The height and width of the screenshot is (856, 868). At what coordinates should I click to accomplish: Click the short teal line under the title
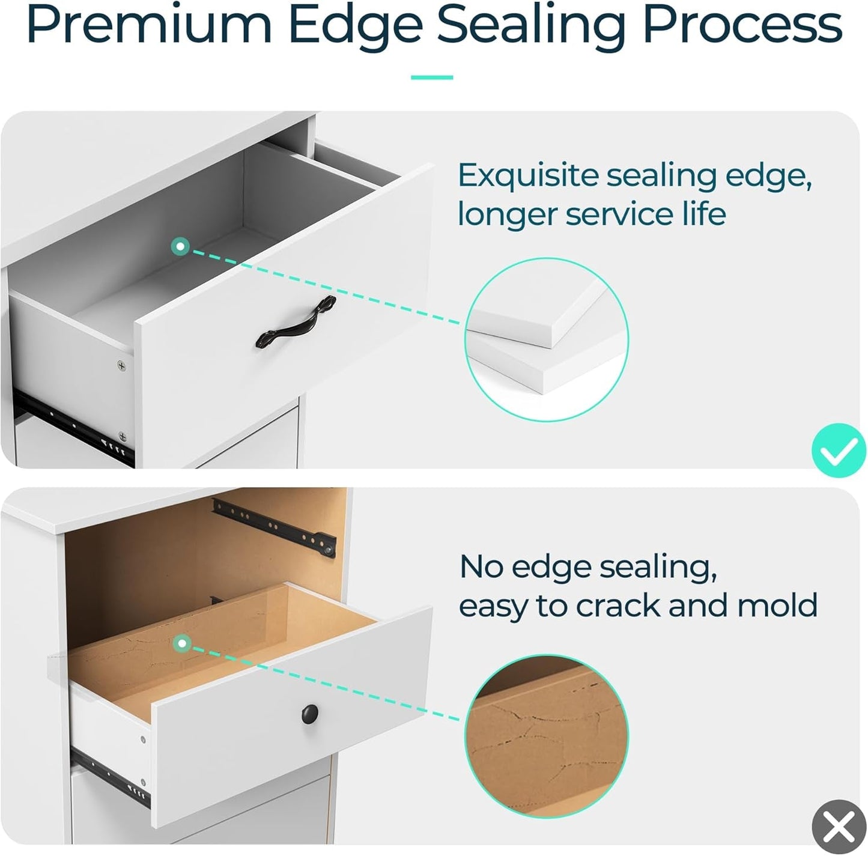click(431, 77)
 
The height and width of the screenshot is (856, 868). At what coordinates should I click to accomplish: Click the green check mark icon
click(839, 450)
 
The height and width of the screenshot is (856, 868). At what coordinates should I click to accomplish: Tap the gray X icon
click(839, 827)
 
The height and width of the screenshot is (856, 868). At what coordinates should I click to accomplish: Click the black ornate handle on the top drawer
click(296, 322)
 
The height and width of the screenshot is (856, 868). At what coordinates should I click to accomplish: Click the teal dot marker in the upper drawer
click(180, 246)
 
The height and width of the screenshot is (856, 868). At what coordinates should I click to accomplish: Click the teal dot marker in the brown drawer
click(182, 643)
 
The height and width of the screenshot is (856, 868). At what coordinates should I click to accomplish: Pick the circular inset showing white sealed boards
click(547, 340)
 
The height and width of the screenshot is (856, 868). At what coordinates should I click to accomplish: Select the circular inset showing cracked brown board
click(547, 736)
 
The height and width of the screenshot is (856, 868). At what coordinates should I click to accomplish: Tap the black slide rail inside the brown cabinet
click(275, 528)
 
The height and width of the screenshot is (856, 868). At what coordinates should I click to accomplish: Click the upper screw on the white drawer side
click(121, 365)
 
